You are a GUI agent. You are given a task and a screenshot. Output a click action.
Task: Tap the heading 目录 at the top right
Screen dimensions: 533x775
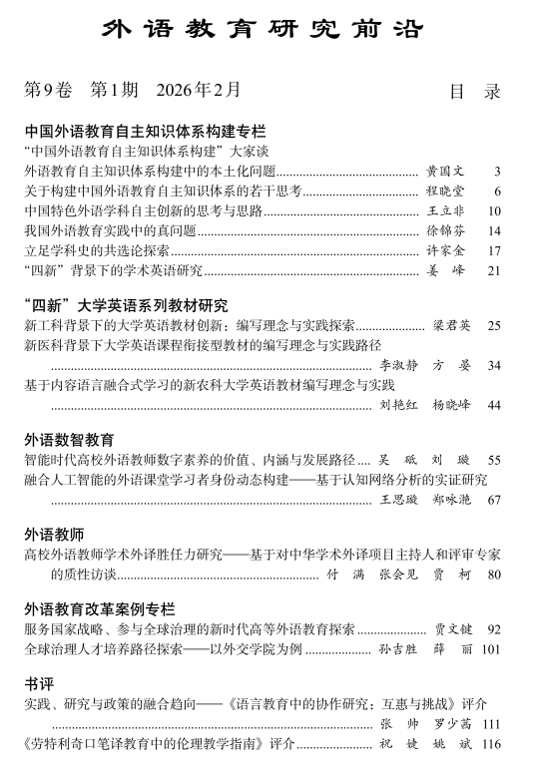click(x=474, y=92)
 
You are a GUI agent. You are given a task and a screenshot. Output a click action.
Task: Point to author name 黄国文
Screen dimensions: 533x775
click(x=445, y=172)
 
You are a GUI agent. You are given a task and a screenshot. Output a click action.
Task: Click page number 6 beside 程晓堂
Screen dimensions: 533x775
click(x=496, y=192)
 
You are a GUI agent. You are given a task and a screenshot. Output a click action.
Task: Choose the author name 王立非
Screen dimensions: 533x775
click(x=445, y=211)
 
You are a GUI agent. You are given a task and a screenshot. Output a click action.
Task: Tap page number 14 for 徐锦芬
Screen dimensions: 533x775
click(x=493, y=231)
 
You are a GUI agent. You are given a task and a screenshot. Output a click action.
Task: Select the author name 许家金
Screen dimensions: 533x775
click(x=445, y=251)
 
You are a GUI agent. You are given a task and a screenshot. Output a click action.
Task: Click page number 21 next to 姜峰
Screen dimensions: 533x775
click(x=493, y=271)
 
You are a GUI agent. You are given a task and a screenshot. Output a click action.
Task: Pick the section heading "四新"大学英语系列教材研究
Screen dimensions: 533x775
click(x=126, y=305)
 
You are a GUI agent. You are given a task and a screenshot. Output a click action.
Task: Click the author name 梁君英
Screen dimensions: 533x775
click(x=451, y=326)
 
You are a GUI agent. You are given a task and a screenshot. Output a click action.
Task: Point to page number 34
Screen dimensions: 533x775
click(x=493, y=366)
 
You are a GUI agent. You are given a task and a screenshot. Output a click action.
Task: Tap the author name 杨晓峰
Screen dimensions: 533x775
click(x=451, y=405)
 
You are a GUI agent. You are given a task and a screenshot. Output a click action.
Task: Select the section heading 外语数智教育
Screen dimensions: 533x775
click(x=69, y=439)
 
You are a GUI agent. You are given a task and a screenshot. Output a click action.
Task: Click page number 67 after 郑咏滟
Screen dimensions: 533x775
click(x=493, y=499)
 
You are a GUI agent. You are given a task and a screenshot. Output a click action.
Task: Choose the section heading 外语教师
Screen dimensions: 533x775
click(x=54, y=534)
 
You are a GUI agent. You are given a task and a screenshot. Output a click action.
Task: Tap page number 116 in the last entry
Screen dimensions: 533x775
click(x=490, y=744)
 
